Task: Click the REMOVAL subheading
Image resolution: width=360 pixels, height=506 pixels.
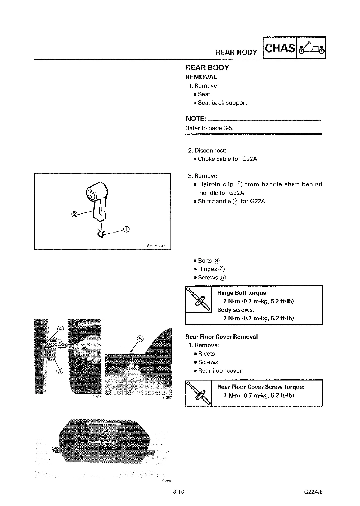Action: click(201, 77)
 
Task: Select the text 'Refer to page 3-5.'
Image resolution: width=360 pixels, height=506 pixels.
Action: click(209, 128)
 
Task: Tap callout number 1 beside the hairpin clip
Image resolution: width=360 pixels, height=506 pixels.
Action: click(126, 230)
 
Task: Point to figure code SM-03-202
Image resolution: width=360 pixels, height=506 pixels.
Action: click(154, 246)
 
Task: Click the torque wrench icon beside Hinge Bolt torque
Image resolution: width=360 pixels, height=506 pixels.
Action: click(198, 300)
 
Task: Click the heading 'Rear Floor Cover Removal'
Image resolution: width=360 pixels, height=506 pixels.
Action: click(221, 337)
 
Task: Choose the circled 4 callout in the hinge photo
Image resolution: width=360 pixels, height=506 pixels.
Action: click(61, 328)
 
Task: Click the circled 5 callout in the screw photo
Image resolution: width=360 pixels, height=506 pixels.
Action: click(140, 339)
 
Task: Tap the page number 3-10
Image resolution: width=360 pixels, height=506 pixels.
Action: click(178, 492)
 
